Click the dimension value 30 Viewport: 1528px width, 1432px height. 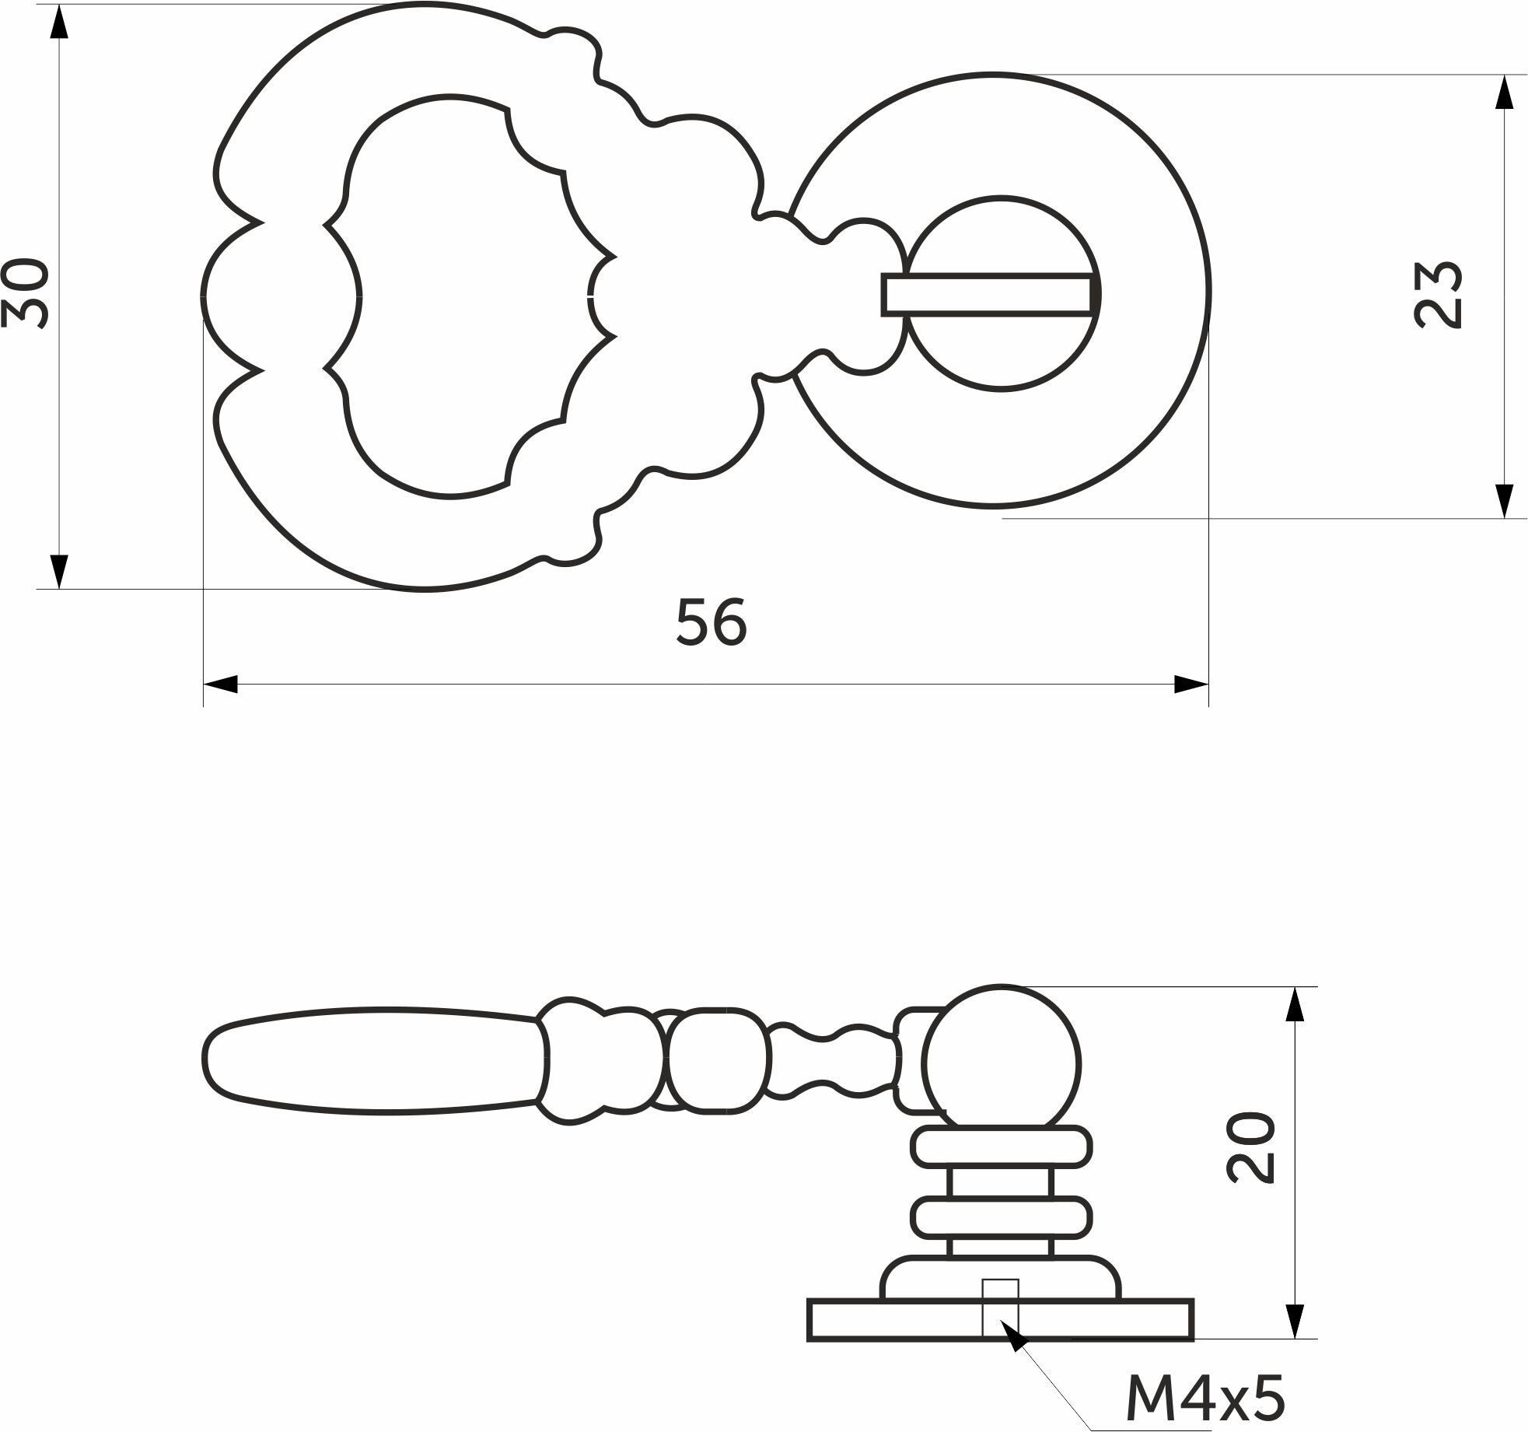pos(26,292)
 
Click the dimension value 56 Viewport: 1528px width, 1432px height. pos(712,621)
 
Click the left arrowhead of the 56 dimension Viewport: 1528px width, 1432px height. pos(220,684)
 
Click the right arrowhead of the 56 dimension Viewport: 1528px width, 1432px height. pos(1191,684)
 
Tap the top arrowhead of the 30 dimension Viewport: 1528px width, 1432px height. pos(58,21)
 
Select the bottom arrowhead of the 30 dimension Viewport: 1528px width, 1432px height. pos(58,572)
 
